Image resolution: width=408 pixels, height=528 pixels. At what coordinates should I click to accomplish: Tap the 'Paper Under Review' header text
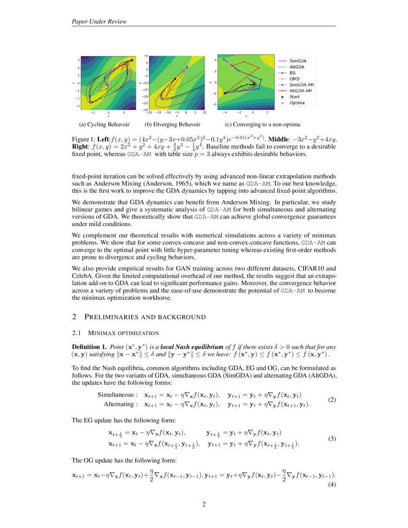[99, 21]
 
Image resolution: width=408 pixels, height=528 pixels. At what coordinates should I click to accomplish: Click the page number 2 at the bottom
[204, 504]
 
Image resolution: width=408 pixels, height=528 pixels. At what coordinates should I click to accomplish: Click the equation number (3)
[332, 439]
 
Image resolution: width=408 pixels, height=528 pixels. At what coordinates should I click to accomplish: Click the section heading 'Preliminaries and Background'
[145, 317]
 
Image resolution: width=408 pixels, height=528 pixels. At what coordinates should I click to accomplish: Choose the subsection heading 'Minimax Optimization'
[121, 332]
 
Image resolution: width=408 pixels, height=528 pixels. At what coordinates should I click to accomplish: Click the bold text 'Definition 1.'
[89, 347]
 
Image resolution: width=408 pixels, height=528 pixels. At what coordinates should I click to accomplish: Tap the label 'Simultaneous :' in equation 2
[118, 395]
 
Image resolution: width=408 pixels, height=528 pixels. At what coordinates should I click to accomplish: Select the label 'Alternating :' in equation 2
[120, 404]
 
